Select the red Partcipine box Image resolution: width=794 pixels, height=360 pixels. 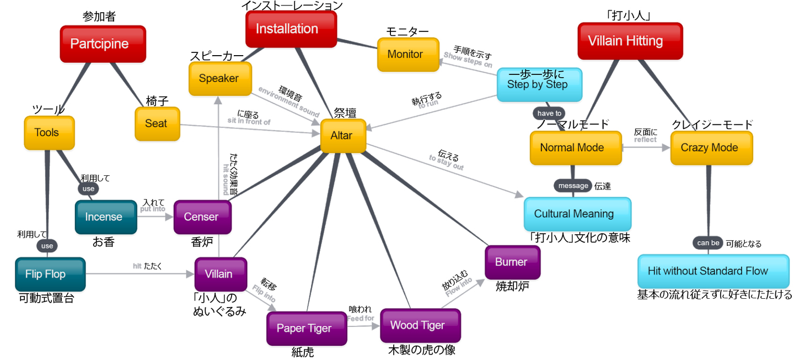pyautogui.click(x=103, y=44)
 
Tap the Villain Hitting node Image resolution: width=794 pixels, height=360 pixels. pyautogui.click(x=630, y=41)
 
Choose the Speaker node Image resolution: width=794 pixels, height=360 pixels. pyautogui.click(x=219, y=78)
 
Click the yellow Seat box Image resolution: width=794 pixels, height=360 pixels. pyautogui.click(x=157, y=123)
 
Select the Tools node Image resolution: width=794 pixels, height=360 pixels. pyautogui.click(x=49, y=132)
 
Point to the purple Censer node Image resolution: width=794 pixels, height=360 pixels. pyautogui.click(x=202, y=217)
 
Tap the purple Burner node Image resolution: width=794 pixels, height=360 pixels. pyautogui.click(x=512, y=262)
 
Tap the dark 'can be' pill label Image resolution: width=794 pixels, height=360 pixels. pyautogui.click(x=708, y=243)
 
